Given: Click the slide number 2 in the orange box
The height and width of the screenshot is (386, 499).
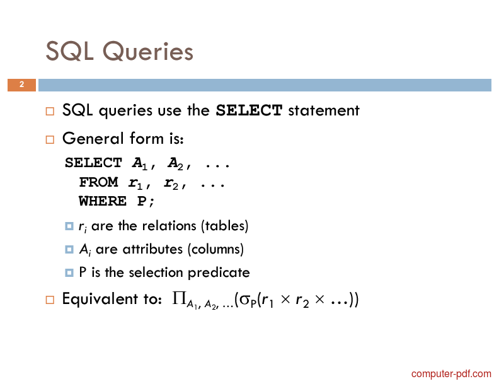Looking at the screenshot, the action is pyautogui.click(x=21, y=85).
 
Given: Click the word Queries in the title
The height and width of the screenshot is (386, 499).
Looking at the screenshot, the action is pyautogui.click(x=148, y=51).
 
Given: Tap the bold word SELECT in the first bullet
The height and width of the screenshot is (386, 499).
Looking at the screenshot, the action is pyautogui.click(x=249, y=110).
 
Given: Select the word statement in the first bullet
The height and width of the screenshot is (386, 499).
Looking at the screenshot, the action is pyautogui.click(x=324, y=110).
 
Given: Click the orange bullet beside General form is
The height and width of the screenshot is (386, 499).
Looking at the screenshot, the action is pyautogui.click(x=50, y=139).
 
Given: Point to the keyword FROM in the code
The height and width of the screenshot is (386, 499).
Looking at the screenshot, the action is pyautogui.click(x=98, y=182).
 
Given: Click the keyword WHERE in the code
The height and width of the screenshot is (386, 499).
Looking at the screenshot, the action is pyautogui.click(x=103, y=201).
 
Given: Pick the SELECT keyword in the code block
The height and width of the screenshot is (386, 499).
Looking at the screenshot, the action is pyautogui.click(x=93, y=163).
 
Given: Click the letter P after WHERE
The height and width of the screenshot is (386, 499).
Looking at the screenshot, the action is pyautogui.click(x=142, y=201).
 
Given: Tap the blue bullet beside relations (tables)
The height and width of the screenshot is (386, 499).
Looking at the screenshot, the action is pyautogui.click(x=69, y=226).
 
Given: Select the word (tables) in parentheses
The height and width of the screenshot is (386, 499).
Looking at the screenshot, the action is pyautogui.click(x=224, y=226).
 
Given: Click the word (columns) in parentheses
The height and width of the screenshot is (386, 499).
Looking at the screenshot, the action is pyautogui.click(x=215, y=249).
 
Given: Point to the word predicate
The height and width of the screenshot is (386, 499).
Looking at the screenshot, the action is pyautogui.click(x=219, y=273).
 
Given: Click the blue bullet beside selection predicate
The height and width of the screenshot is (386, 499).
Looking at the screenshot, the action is pyautogui.click(x=69, y=272).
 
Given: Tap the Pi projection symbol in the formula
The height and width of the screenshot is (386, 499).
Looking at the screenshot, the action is pyautogui.click(x=179, y=298).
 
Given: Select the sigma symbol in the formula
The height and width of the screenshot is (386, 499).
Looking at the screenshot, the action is pyautogui.click(x=245, y=300).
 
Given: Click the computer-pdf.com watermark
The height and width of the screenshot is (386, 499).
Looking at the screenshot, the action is pyautogui.click(x=451, y=373).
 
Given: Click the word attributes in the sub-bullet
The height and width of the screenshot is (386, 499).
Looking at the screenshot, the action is pyautogui.click(x=152, y=249).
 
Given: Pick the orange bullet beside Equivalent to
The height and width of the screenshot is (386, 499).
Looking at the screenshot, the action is pyautogui.click(x=50, y=300).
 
